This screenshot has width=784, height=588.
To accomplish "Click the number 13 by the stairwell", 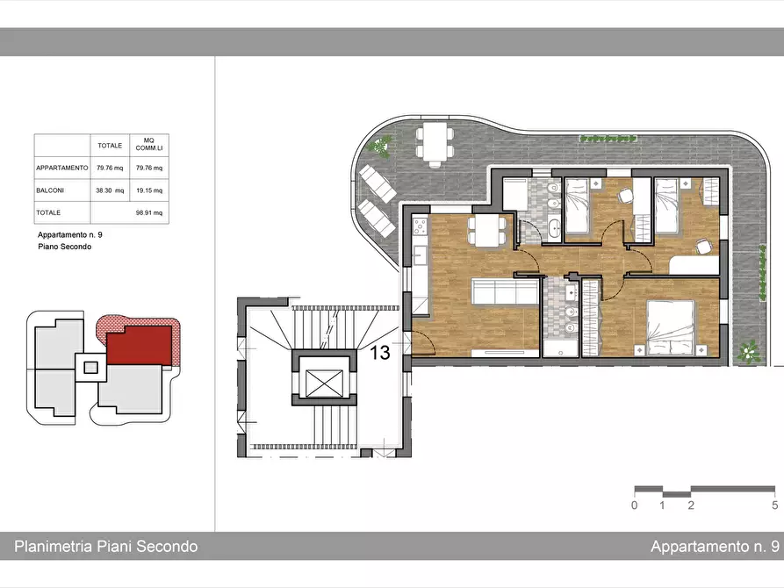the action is tap(379, 353).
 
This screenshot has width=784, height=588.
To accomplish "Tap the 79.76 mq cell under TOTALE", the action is tap(110, 168).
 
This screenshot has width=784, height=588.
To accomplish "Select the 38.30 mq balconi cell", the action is tap(110, 190).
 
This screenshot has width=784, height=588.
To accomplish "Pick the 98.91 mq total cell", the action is tap(149, 212).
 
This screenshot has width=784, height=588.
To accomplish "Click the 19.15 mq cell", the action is tap(149, 190).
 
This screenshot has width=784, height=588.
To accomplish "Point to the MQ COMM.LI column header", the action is tap(149, 145).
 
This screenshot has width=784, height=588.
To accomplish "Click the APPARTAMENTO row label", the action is tap(62, 168).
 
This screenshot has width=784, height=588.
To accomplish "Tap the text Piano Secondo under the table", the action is tap(64, 247).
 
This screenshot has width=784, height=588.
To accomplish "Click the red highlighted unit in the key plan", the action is tap(140, 345).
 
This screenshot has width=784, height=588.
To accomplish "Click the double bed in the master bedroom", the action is tap(671, 327).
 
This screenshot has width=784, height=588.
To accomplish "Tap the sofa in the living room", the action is tap(504, 292).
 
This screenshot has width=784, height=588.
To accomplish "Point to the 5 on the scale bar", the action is tap(774, 505).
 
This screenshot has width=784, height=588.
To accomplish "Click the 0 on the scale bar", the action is tap(635, 505).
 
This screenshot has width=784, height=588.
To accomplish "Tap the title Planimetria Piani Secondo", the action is tap(106, 546).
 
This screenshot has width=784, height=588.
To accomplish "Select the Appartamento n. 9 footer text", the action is tap(715, 546).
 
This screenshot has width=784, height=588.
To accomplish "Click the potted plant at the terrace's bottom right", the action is tap(749, 352).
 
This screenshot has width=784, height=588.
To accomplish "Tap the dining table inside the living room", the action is tap(486, 231).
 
